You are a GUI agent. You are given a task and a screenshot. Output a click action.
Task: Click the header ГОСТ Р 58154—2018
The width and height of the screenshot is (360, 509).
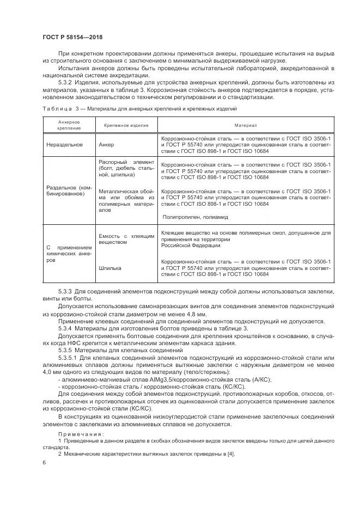coord(72,36)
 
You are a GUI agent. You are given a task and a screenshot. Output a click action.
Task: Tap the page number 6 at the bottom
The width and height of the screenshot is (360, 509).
coord(44,462)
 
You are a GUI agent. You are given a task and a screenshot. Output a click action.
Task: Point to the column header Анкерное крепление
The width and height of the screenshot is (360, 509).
coord(69,125)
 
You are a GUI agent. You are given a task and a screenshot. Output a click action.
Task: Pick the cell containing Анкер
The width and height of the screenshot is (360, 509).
coord(107,145)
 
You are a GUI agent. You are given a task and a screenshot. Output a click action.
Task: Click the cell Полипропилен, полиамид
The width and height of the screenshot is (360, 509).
coord(191,216)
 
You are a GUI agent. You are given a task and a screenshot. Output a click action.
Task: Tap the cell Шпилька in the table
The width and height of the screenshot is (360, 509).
coord(110,268)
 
